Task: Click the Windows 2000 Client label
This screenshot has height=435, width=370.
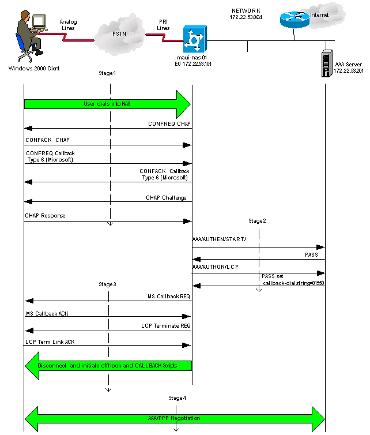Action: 34,68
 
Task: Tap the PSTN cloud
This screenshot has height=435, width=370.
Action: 118,33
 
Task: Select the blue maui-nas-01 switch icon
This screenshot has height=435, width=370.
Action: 192,40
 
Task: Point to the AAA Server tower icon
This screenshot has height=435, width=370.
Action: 327,65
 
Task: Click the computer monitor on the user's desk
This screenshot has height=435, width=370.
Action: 39,22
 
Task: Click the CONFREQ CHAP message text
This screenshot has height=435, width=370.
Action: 169,123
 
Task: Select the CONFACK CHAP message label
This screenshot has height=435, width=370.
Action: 47,140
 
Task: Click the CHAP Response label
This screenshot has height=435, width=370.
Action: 45,216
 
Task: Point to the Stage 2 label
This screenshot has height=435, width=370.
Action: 257,221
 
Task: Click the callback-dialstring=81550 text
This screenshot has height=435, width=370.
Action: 293,283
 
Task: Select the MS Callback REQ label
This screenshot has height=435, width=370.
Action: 169,296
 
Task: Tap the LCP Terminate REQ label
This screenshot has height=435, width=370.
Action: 165,326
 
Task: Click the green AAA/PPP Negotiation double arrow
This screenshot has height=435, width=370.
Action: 175,417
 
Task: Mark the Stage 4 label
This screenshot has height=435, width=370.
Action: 177,398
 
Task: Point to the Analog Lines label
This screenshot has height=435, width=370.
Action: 68,24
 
